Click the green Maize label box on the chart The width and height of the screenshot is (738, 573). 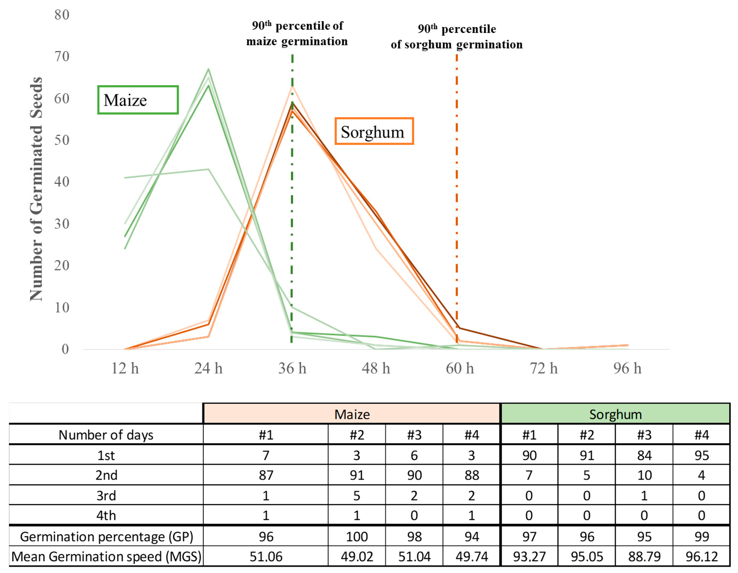(x=138, y=100)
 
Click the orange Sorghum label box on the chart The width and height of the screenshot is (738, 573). (x=374, y=131)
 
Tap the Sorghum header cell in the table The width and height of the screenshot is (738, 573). (x=615, y=414)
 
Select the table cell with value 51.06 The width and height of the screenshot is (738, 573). (x=266, y=556)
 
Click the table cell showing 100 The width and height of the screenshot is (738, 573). (x=357, y=536)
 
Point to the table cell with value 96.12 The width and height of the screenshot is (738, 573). (x=701, y=556)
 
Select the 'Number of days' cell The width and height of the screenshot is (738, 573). (x=106, y=435)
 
